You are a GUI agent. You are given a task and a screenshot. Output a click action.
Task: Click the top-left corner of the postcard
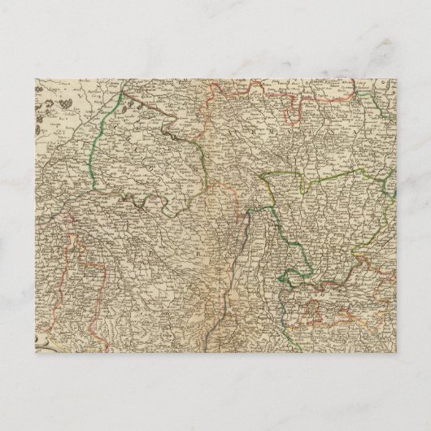pos(35,78)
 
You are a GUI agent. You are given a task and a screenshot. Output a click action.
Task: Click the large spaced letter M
pos(262,127)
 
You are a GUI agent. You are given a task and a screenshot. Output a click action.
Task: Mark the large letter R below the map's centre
pos(197,254)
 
